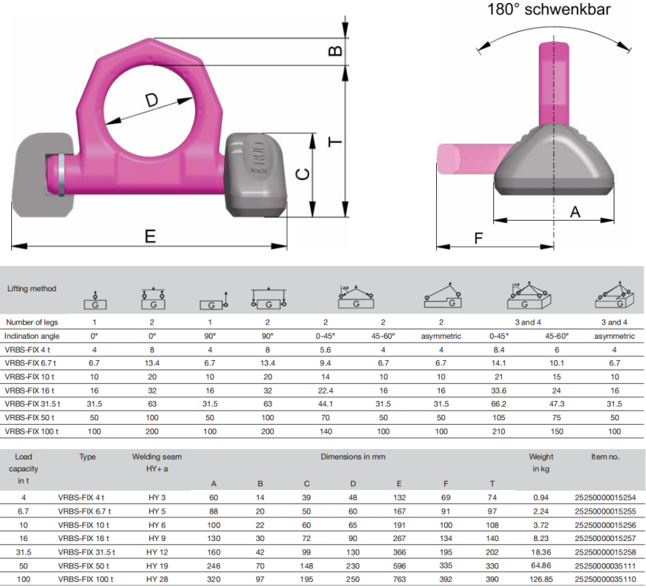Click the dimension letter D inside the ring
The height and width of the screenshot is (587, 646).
151,100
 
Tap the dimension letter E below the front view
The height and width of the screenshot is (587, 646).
150,236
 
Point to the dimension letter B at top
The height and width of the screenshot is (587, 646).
335,50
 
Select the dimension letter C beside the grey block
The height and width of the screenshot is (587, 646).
303,174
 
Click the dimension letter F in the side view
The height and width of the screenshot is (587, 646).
478,239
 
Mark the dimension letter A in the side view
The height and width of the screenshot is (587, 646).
575,212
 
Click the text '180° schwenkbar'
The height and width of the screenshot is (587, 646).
549,9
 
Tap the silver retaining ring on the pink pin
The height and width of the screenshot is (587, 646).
61,174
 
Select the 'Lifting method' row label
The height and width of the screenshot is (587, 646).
32,288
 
